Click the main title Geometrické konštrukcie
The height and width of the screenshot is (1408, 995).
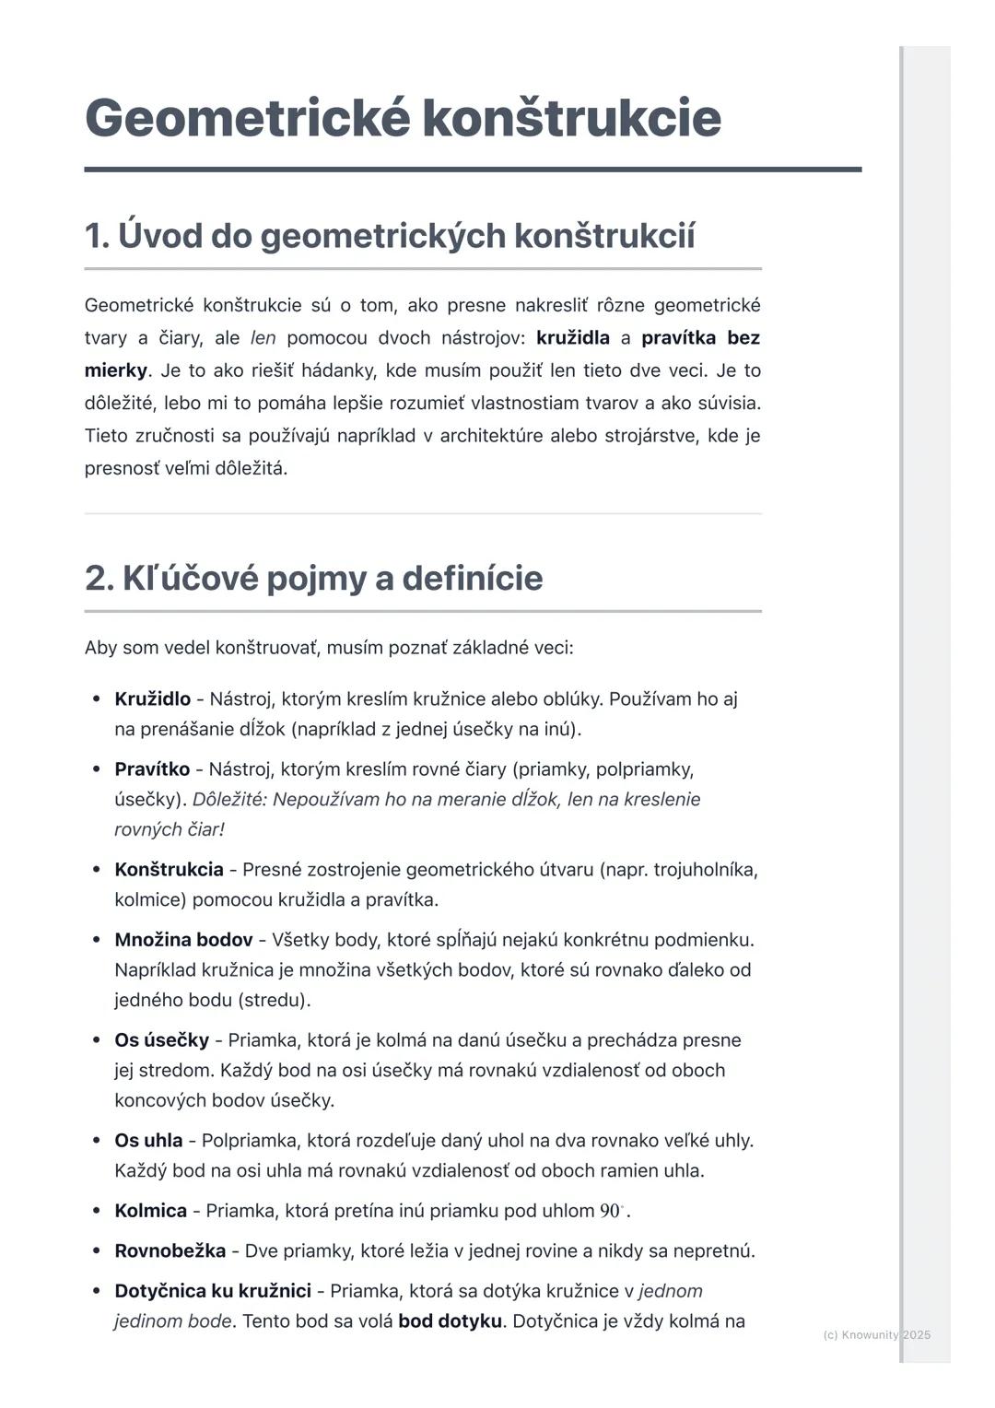[403, 118]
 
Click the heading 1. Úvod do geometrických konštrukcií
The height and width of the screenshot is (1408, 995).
[389, 236]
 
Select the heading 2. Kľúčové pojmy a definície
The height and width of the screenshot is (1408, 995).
[313, 578]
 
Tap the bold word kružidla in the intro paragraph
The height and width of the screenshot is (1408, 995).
[572, 338]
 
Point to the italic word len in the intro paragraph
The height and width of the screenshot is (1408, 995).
[263, 338]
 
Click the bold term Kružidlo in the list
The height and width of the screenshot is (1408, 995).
[152, 699]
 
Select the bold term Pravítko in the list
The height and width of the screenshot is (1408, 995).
[152, 769]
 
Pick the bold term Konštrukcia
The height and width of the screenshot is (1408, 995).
[169, 870]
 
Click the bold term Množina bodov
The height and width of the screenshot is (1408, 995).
[183, 940]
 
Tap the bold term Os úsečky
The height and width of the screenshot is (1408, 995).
[161, 1040]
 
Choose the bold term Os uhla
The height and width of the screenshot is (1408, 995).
[148, 1141]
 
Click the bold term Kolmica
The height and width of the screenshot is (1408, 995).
[150, 1211]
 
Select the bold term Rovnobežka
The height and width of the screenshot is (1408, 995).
[170, 1251]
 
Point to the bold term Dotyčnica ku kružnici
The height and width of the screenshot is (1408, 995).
[212, 1291]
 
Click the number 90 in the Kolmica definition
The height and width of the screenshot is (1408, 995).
[610, 1211]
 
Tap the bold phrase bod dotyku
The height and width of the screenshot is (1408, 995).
[450, 1321]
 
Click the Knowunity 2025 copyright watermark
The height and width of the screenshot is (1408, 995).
[876, 1334]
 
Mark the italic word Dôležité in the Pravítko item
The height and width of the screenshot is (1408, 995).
[228, 800]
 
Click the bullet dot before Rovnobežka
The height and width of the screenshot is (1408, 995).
[97, 1251]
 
